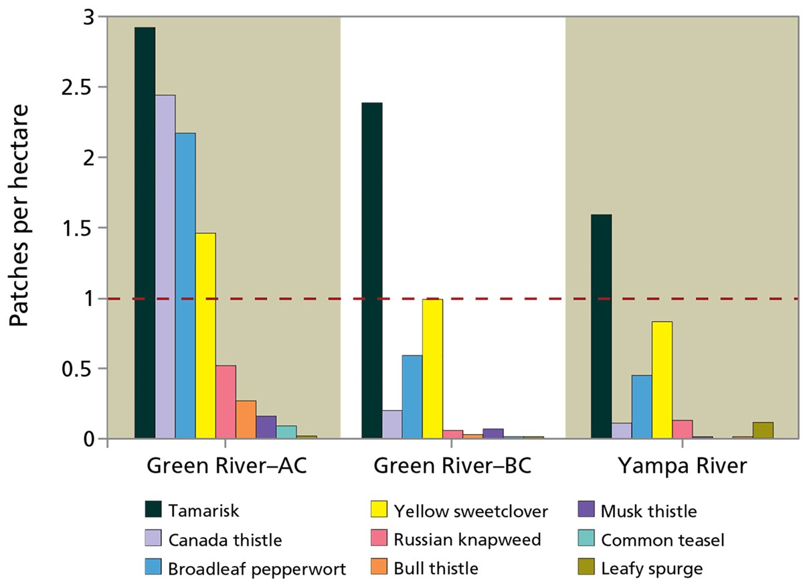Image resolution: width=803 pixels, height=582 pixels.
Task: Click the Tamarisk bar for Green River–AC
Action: coord(145,234)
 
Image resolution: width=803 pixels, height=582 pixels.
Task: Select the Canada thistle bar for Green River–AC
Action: coord(165,268)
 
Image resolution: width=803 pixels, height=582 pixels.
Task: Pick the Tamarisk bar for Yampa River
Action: coord(601,328)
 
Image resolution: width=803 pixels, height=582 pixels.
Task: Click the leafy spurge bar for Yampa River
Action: coord(762,431)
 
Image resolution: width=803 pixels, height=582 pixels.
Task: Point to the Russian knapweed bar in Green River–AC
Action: coord(226,403)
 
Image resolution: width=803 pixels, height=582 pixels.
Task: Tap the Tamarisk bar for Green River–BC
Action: coord(371,271)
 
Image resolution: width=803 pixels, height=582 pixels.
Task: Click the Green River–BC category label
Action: coord(452,466)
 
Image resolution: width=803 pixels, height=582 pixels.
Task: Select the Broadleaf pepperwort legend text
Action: coord(257,569)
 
